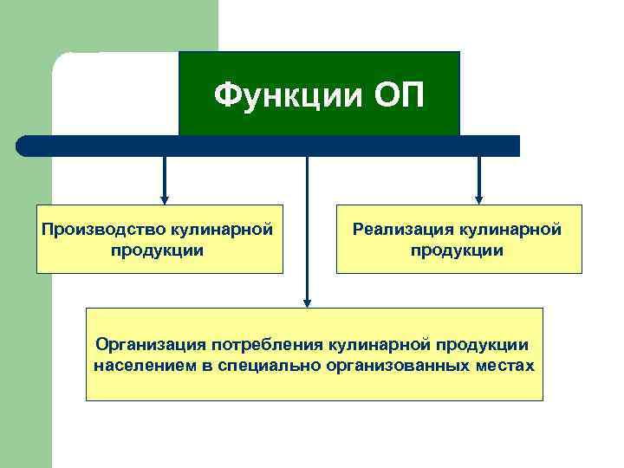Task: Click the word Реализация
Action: [x=403, y=230]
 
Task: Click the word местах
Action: [x=505, y=365]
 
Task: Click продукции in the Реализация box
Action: [x=457, y=250]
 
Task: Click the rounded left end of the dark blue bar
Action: [x=24, y=146]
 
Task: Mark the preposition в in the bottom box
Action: [x=207, y=365]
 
